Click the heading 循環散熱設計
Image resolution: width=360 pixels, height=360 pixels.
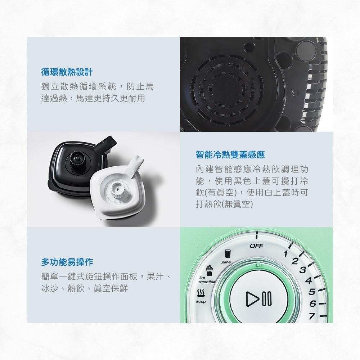[x=67, y=72]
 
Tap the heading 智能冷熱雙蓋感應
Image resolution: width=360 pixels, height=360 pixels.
[x=230, y=155]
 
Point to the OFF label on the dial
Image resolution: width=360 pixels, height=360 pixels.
[x=256, y=246]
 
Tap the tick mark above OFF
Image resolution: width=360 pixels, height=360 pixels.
[x=257, y=235]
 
